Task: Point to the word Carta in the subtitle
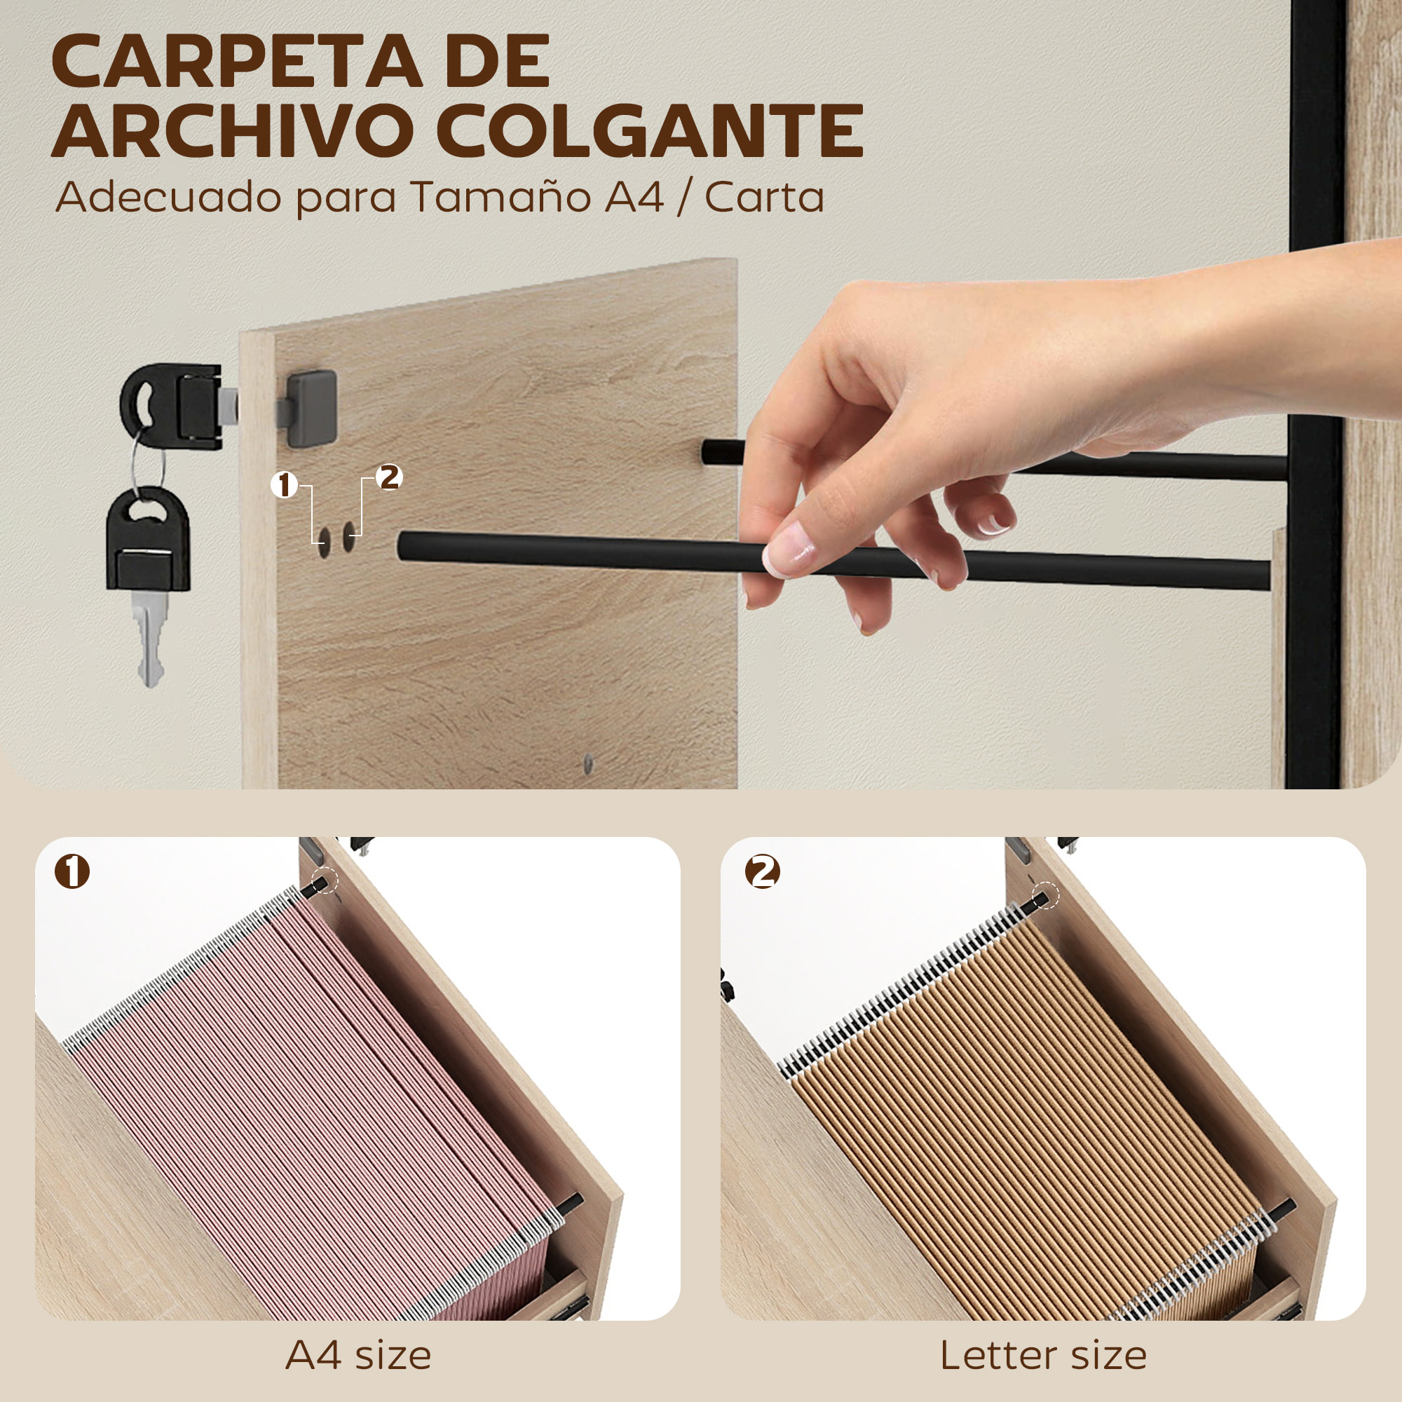point(764,197)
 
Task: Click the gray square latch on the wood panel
point(311,408)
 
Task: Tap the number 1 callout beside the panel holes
point(285,485)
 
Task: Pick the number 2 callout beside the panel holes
point(390,477)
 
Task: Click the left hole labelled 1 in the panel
point(323,539)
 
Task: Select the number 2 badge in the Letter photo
point(762,871)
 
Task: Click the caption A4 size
point(358,1355)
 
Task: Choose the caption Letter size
point(1043,1355)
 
